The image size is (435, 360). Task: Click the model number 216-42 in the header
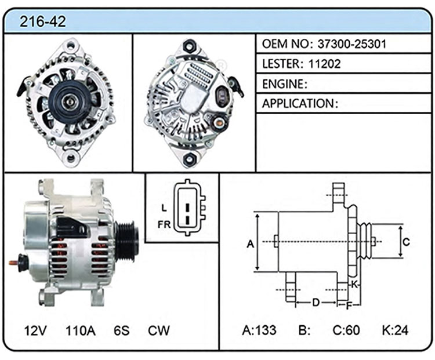point(43,21)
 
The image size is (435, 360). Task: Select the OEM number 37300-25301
point(352,44)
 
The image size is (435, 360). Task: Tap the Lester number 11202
point(324,64)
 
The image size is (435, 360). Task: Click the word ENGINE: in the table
point(285,83)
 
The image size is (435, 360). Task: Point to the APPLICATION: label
point(300,103)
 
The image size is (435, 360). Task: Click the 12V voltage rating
point(35,330)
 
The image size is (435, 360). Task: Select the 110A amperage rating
point(81,330)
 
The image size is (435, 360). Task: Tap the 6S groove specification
point(122,330)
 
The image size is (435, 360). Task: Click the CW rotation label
point(159,330)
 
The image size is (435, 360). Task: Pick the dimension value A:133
point(259,330)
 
